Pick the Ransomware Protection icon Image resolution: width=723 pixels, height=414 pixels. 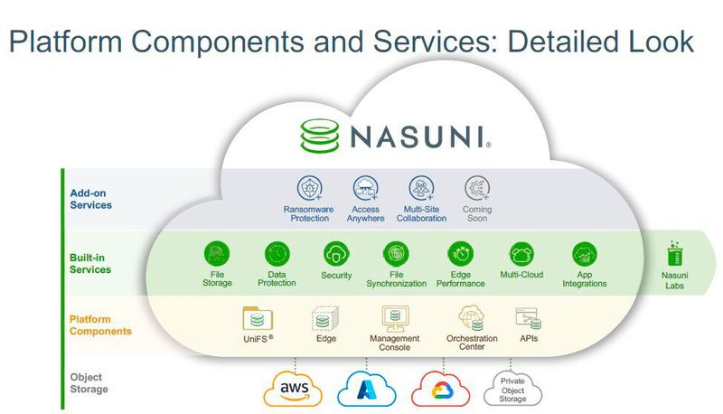(x=309, y=188)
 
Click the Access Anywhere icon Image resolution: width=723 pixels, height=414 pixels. (x=366, y=188)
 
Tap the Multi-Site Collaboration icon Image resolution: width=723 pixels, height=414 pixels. (x=421, y=188)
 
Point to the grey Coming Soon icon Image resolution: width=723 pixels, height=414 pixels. (x=477, y=188)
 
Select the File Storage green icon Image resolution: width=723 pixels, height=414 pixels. (x=217, y=254)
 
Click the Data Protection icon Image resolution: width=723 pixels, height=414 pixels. (x=277, y=254)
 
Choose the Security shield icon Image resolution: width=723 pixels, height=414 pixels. (x=336, y=254)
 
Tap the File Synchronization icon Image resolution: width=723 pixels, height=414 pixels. (x=396, y=254)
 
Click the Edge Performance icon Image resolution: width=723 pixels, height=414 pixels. (x=461, y=254)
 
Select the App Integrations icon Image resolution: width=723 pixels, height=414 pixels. (x=584, y=254)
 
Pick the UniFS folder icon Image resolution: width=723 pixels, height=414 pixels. (x=258, y=319)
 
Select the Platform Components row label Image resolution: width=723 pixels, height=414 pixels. (x=100, y=325)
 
